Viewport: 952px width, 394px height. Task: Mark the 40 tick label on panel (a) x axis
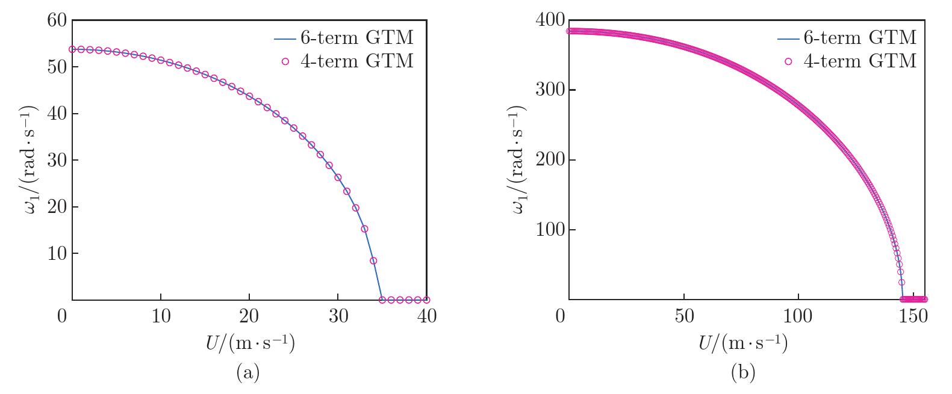point(426,316)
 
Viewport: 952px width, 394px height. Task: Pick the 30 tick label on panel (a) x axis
point(338,316)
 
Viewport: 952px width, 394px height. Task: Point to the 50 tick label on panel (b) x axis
point(683,316)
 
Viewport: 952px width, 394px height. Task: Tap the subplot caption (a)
point(248,373)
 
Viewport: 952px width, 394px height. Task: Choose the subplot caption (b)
point(742,373)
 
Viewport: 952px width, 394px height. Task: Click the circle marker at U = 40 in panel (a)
point(426,300)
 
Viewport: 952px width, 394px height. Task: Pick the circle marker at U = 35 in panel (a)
point(382,300)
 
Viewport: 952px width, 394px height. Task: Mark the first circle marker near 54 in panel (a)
point(72,49)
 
